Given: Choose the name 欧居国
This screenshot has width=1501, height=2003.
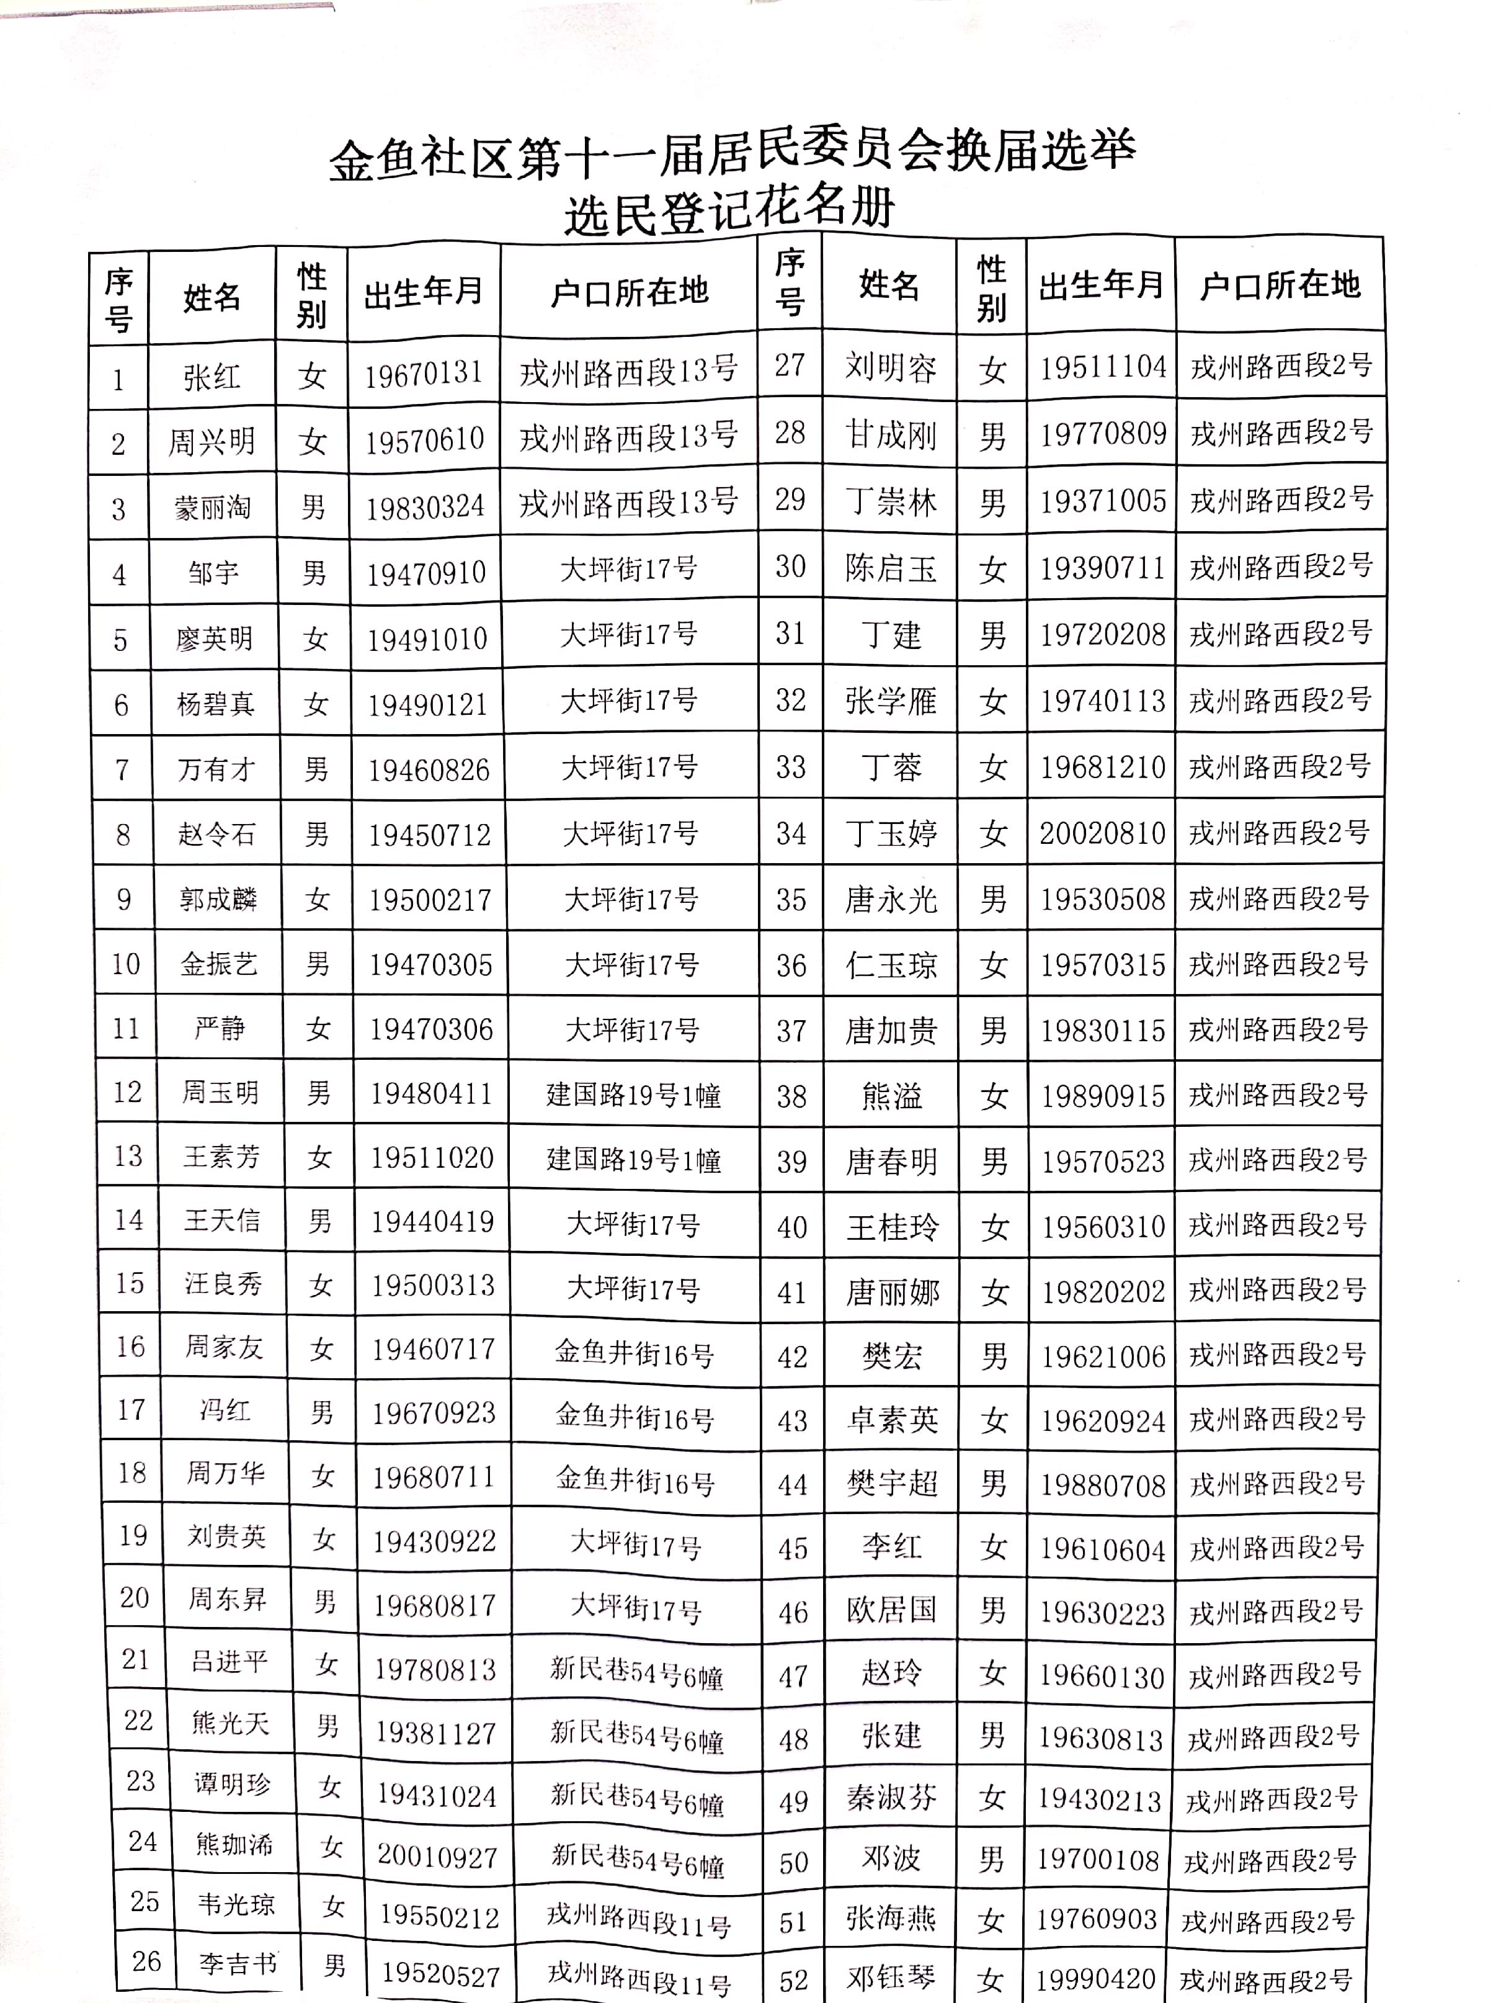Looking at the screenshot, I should pyautogui.click(x=891, y=1610).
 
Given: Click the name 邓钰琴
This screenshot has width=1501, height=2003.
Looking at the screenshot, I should pyautogui.click(x=891, y=1977).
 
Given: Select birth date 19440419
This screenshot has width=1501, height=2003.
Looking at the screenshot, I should pyautogui.click(x=432, y=1222).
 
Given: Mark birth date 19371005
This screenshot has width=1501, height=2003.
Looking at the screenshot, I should pyautogui.click(x=1102, y=501).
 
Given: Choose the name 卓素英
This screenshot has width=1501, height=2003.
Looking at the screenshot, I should pyautogui.click(x=892, y=1420).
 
